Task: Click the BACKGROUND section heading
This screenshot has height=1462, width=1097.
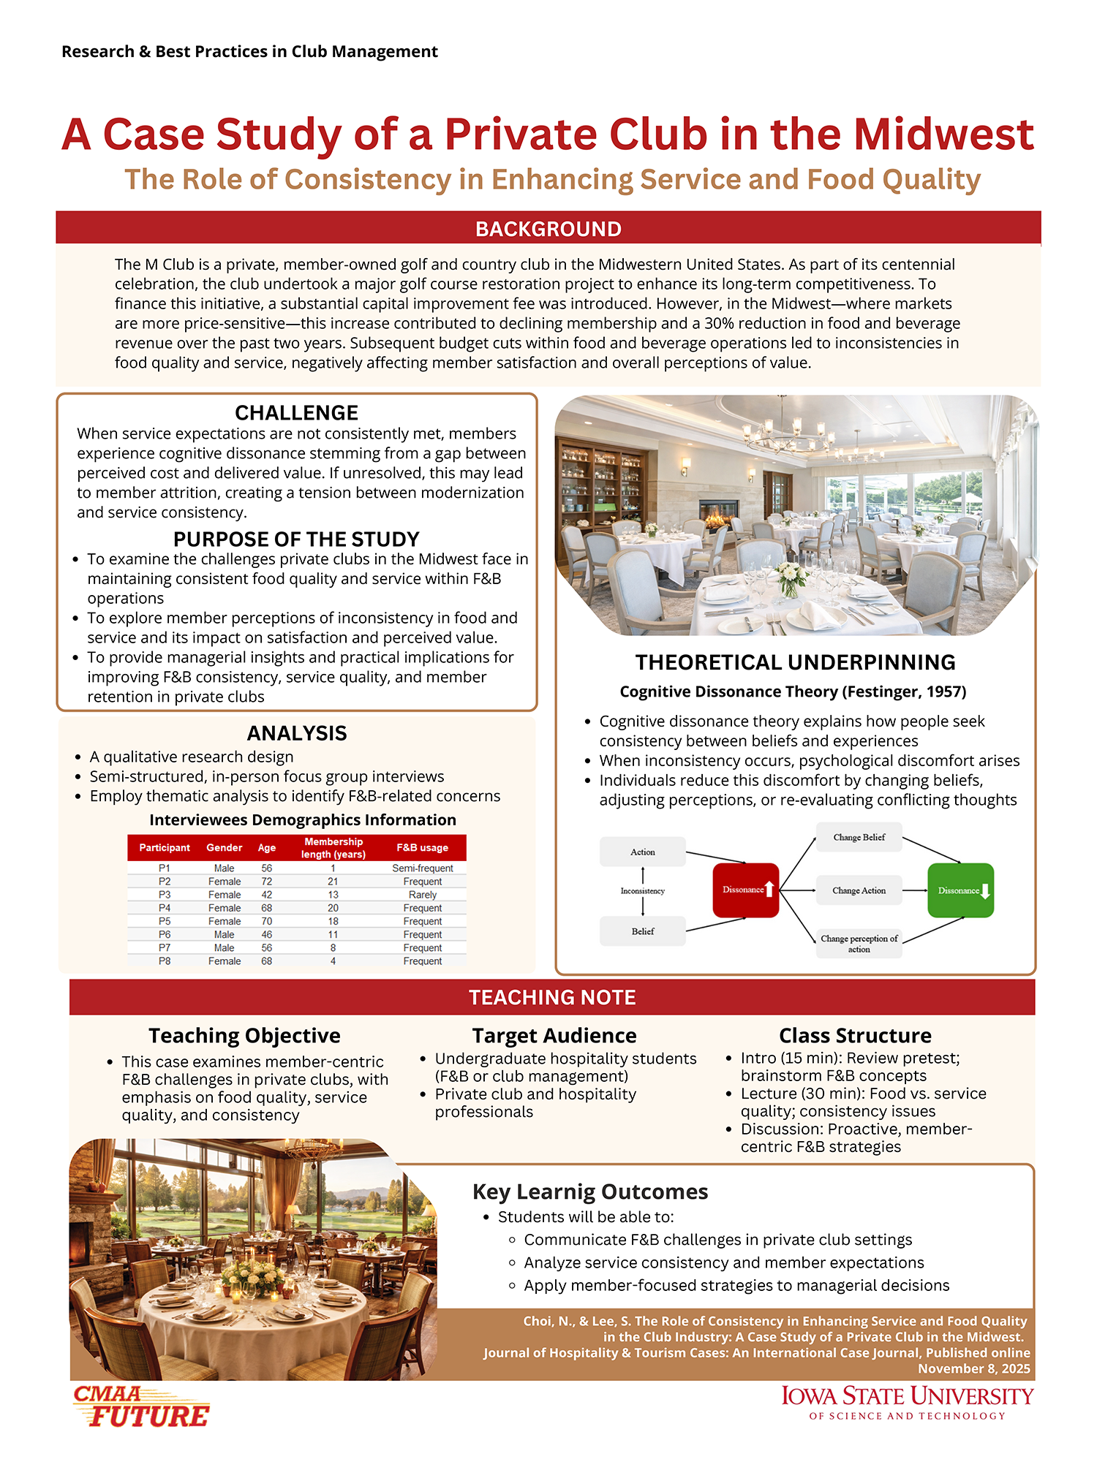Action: point(548,229)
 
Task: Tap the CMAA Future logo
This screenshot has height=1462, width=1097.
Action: point(141,1406)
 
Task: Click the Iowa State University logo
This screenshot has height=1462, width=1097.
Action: point(908,1403)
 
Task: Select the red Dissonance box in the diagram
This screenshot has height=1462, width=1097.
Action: point(745,890)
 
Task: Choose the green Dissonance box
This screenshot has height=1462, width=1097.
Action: point(960,890)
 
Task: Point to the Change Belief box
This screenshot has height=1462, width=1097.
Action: point(859,838)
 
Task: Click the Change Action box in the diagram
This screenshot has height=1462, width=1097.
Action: point(859,890)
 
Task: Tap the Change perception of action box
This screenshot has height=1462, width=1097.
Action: point(859,943)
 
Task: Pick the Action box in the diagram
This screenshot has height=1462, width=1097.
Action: point(642,852)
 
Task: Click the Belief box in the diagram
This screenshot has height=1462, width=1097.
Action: point(642,931)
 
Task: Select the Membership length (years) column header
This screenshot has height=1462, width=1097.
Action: point(333,848)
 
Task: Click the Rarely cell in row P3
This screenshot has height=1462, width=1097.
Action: point(423,895)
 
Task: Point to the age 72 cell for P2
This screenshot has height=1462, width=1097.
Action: point(267,882)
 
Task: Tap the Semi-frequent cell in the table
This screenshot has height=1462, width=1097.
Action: point(423,868)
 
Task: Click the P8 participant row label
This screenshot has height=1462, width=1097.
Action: point(165,961)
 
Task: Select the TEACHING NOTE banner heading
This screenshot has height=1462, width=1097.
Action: point(552,997)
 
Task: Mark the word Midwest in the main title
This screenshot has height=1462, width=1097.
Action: point(943,135)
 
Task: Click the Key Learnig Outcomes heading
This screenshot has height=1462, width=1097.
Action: point(590,1192)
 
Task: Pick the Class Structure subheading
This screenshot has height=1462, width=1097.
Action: point(855,1036)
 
